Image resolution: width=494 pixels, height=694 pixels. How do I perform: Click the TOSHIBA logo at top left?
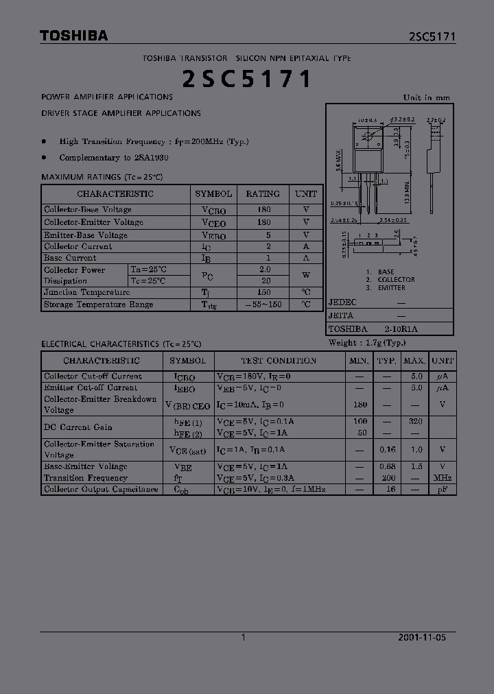tap(73, 36)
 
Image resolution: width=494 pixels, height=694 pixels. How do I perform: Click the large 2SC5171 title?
tap(246, 80)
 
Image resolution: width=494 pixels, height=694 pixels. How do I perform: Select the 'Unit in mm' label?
tap(426, 97)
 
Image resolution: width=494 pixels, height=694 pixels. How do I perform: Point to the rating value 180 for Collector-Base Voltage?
tap(263, 210)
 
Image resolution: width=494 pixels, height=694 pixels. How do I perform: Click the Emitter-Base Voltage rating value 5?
tap(263, 235)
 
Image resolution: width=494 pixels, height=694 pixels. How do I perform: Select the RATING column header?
tap(263, 194)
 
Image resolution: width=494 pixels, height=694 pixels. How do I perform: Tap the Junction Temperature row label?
tap(86, 292)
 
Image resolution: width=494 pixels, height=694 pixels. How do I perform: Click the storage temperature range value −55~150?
tap(263, 304)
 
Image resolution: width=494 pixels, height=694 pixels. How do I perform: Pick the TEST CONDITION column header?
tap(279, 361)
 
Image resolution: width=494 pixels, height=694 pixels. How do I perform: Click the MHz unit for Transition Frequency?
tap(443, 478)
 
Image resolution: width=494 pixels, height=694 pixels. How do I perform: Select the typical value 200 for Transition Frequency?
tap(388, 478)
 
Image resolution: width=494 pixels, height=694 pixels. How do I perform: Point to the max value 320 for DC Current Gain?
tap(415, 422)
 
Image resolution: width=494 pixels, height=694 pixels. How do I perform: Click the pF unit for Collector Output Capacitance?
tap(443, 490)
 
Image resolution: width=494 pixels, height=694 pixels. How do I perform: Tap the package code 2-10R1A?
tap(401, 329)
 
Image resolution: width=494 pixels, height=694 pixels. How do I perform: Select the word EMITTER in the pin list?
tap(391, 288)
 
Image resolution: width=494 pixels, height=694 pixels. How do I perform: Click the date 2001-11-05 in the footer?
tap(422, 637)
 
